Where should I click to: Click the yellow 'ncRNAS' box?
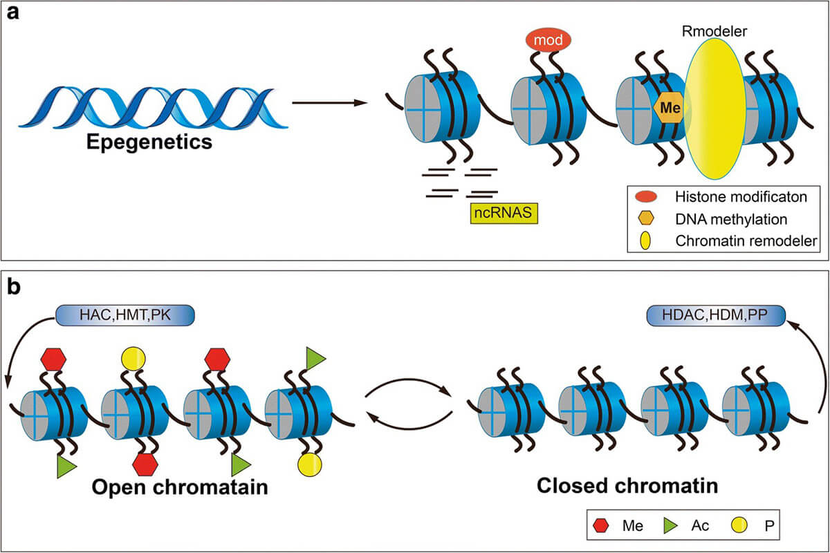[x=502, y=215]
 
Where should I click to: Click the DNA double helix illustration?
[x=152, y=107]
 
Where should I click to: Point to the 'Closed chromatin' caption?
[x=627, y=486]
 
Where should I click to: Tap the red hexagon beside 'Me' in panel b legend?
[x=601, y=526]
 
